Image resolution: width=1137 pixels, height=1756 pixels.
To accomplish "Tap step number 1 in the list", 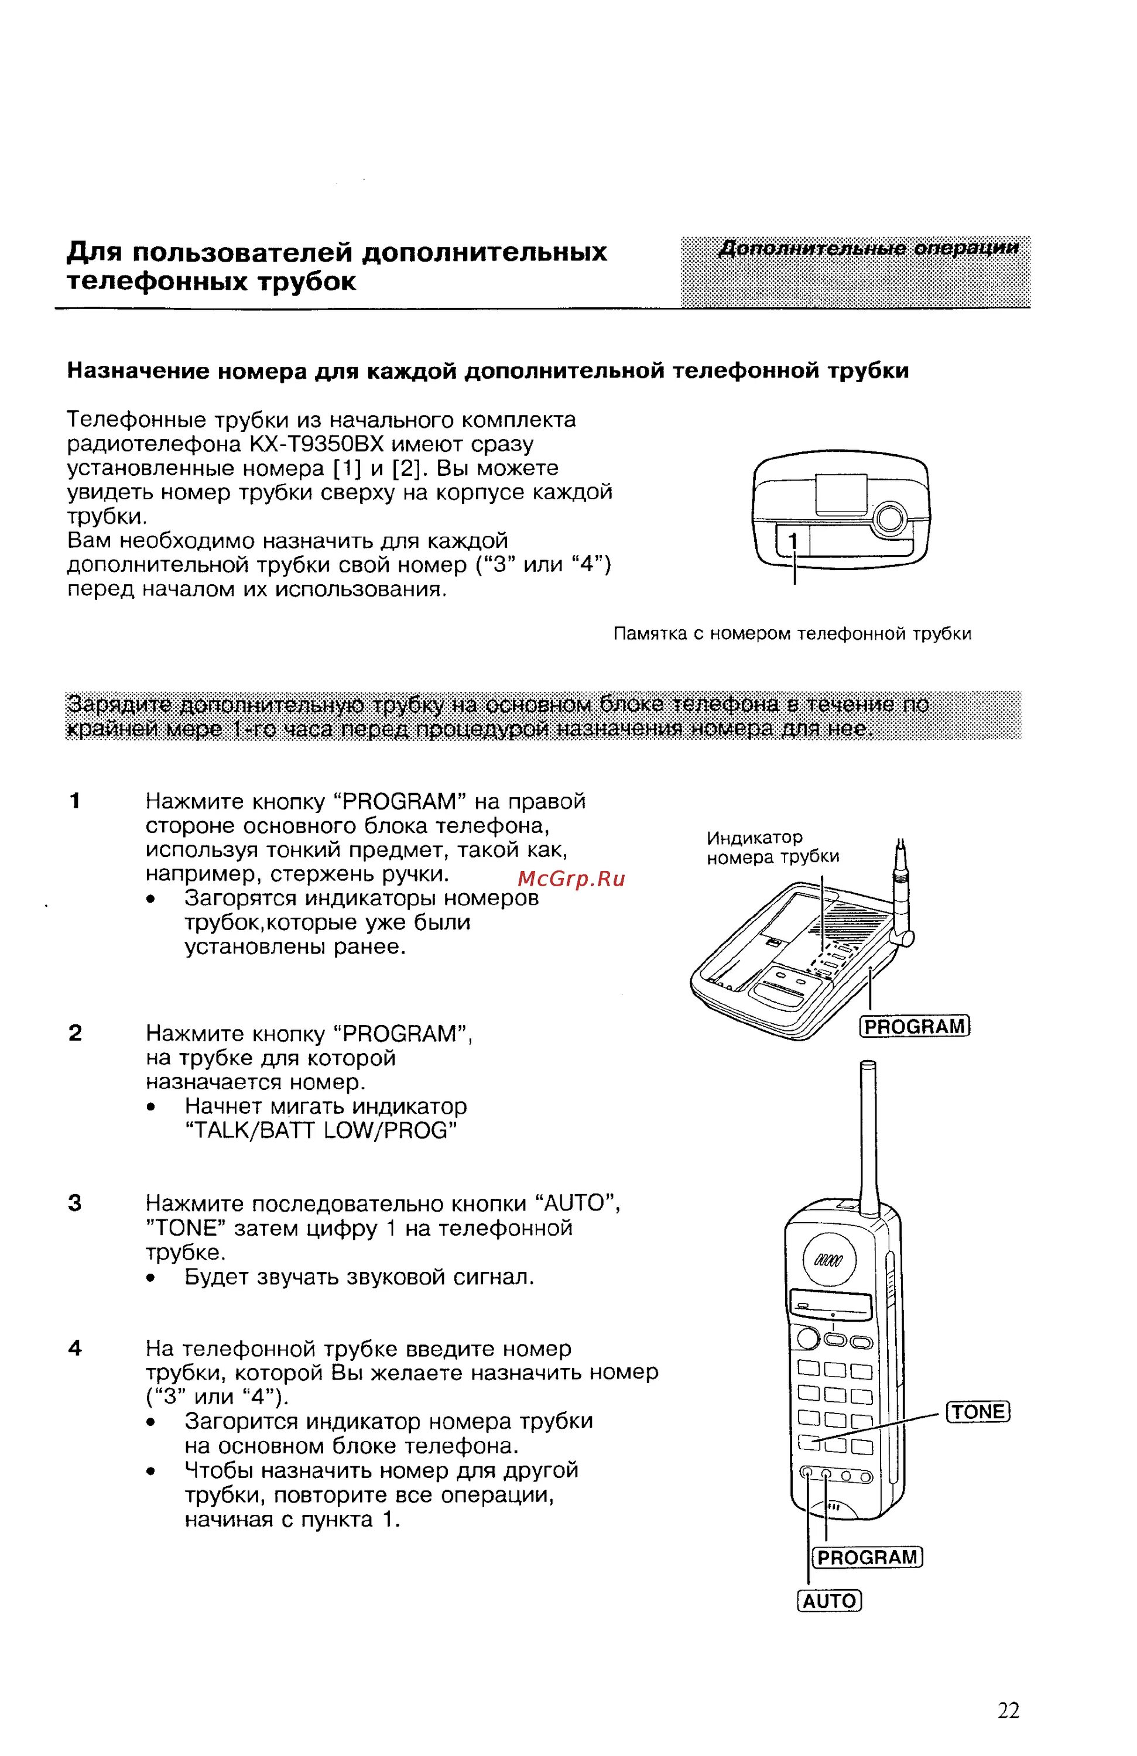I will [74, 801].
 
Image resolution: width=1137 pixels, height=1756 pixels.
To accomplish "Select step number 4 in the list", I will [74, 1349].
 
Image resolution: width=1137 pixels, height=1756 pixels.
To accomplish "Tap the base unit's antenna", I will [902, 886].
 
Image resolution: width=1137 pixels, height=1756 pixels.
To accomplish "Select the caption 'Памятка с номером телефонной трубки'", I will [792, 634].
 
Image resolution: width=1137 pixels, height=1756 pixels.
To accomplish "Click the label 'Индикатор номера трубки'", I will [772, 847].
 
